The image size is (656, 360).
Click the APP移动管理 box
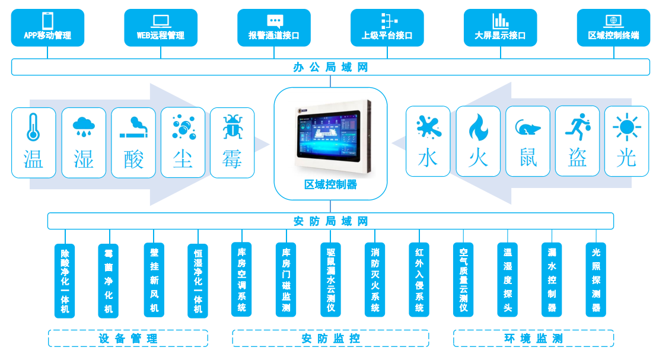[47, 27]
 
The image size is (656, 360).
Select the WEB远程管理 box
[161, 27]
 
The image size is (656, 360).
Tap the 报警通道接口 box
[274, 27]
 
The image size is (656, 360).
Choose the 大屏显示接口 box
[500, 27]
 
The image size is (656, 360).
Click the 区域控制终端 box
[613, 27]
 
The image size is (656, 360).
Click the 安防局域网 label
[330, 221]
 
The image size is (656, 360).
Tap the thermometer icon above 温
[33, 127]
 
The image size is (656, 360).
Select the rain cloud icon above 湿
[84, 126]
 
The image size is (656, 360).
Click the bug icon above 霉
[232, 127]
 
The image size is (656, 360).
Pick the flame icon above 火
[478, 127]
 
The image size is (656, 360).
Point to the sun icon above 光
[626, 127]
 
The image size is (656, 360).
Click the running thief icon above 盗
[577, 126]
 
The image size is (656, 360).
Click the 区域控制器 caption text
[330, 184]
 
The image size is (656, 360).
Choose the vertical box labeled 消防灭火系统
[375, 280]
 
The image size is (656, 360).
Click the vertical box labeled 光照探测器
[596, 280]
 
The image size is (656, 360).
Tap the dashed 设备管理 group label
[128, 339]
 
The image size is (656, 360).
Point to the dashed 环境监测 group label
[533, 339]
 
